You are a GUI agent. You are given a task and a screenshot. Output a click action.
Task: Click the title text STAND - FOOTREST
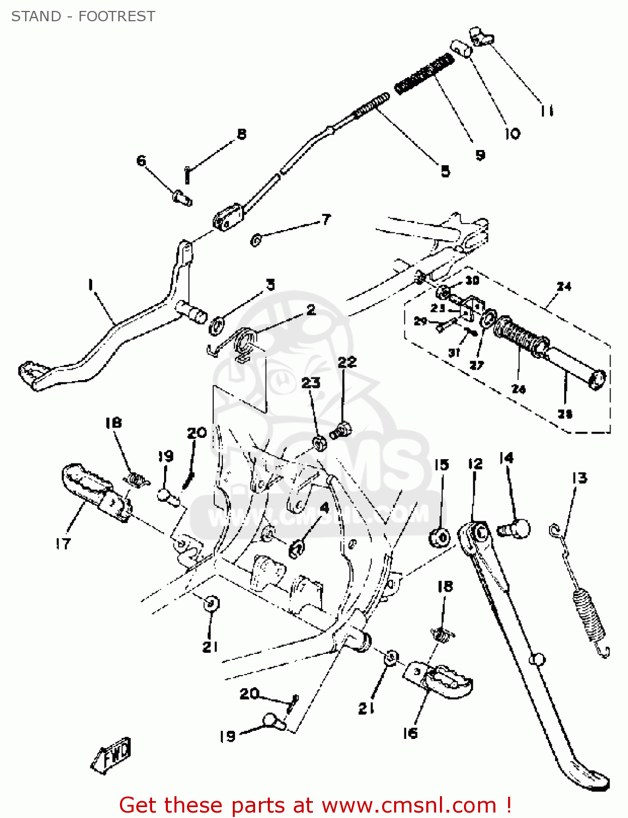(83, 16)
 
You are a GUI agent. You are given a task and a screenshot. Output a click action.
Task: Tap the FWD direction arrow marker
(112, 755)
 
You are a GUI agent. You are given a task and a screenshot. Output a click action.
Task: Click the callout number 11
(547, 111)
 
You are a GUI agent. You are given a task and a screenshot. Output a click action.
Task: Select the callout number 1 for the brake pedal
(90, 284)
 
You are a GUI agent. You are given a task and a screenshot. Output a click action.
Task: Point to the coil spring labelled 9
(424, 73)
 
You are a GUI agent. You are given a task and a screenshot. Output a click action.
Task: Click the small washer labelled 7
(255, 239)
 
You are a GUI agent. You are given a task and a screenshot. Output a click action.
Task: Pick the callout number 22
(347, 362)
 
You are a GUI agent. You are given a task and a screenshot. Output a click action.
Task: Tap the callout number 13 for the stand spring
(579, 478)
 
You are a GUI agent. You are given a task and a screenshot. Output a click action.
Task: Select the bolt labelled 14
(514, 528)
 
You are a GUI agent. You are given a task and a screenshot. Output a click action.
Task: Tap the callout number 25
(565, 413)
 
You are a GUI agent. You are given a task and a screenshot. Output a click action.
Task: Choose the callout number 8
(241, 134)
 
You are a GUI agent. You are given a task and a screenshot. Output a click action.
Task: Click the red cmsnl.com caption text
(315, 805)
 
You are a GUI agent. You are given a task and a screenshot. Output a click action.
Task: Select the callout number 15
(442, 465)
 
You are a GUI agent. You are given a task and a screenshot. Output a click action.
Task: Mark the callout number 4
(324, 508)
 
